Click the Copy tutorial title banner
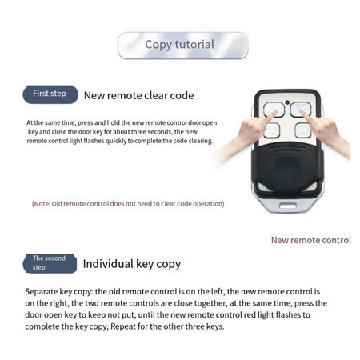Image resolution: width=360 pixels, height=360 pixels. point(182,46)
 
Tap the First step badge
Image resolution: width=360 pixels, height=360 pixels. point(50,94)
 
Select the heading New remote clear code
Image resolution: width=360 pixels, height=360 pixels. point(138,95)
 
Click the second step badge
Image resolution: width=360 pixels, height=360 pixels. point(50,263)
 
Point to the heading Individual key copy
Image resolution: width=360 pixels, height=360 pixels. point(132,264)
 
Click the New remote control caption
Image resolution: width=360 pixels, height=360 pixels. point(311,240)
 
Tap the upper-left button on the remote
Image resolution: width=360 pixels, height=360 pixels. point(274,110)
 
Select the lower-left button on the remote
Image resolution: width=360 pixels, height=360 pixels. point(271,130)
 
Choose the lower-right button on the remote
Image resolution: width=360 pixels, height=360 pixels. point(303,130)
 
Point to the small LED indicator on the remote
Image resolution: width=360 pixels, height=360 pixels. point(287,102)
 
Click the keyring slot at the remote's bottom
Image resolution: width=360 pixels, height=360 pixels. point(287,206)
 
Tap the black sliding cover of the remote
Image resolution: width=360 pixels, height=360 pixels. point(287,169)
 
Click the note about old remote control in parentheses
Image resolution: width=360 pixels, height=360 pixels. point(128,204)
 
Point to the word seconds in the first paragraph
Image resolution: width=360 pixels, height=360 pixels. point(159,132)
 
